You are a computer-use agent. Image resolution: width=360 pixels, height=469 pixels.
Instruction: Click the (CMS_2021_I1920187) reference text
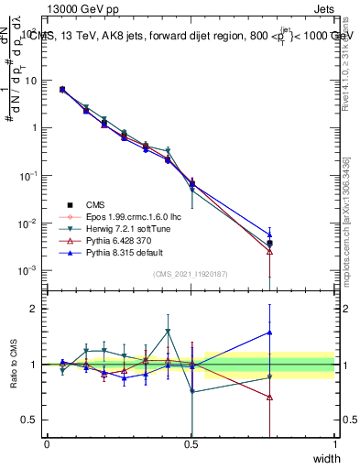[191, 274]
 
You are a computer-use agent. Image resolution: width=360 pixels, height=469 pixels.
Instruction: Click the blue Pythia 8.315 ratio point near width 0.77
[270, 333]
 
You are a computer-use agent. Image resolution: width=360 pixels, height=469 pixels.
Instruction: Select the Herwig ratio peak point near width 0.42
[168, 332]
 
